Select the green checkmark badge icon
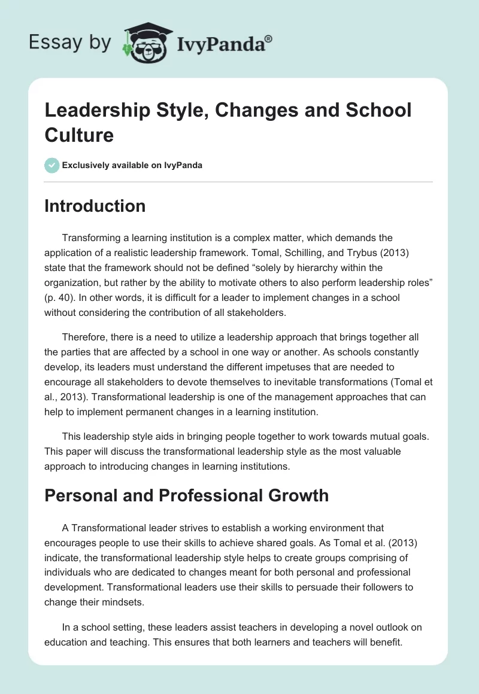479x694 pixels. coord(52,165)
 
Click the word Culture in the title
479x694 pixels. coord(78,135)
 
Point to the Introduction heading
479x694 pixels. coord(95,206)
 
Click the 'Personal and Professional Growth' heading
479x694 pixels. coord(187,495)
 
